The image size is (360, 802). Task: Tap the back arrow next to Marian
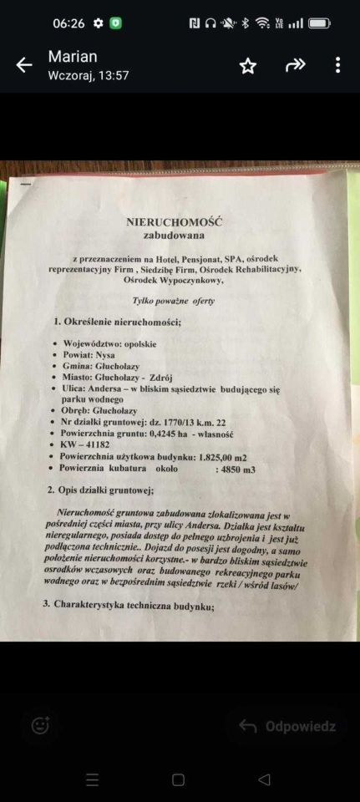coord(24,66)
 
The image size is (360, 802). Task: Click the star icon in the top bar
coord(248,66)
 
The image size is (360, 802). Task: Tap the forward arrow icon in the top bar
coord(295,66)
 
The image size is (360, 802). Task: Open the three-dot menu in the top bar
coord(337,66)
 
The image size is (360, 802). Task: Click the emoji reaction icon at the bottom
coord(40,725)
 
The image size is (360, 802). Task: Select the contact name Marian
coord(73,57)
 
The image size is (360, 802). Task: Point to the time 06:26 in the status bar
coord(68,23)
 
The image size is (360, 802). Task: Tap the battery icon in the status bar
coord(320,23)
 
